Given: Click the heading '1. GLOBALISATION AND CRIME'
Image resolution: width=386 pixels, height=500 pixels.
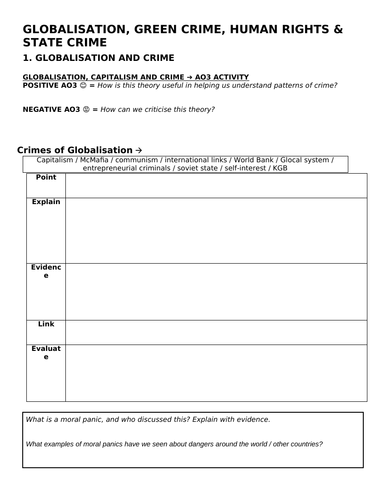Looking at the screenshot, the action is point(97,60).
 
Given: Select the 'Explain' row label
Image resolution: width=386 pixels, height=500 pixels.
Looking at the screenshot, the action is point(46,201).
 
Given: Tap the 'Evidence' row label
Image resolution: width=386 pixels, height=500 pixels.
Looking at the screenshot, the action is point(46,272).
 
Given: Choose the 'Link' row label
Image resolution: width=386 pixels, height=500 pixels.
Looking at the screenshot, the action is point(46,324).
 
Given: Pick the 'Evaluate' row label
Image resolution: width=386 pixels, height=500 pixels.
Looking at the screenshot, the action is point(46,352).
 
